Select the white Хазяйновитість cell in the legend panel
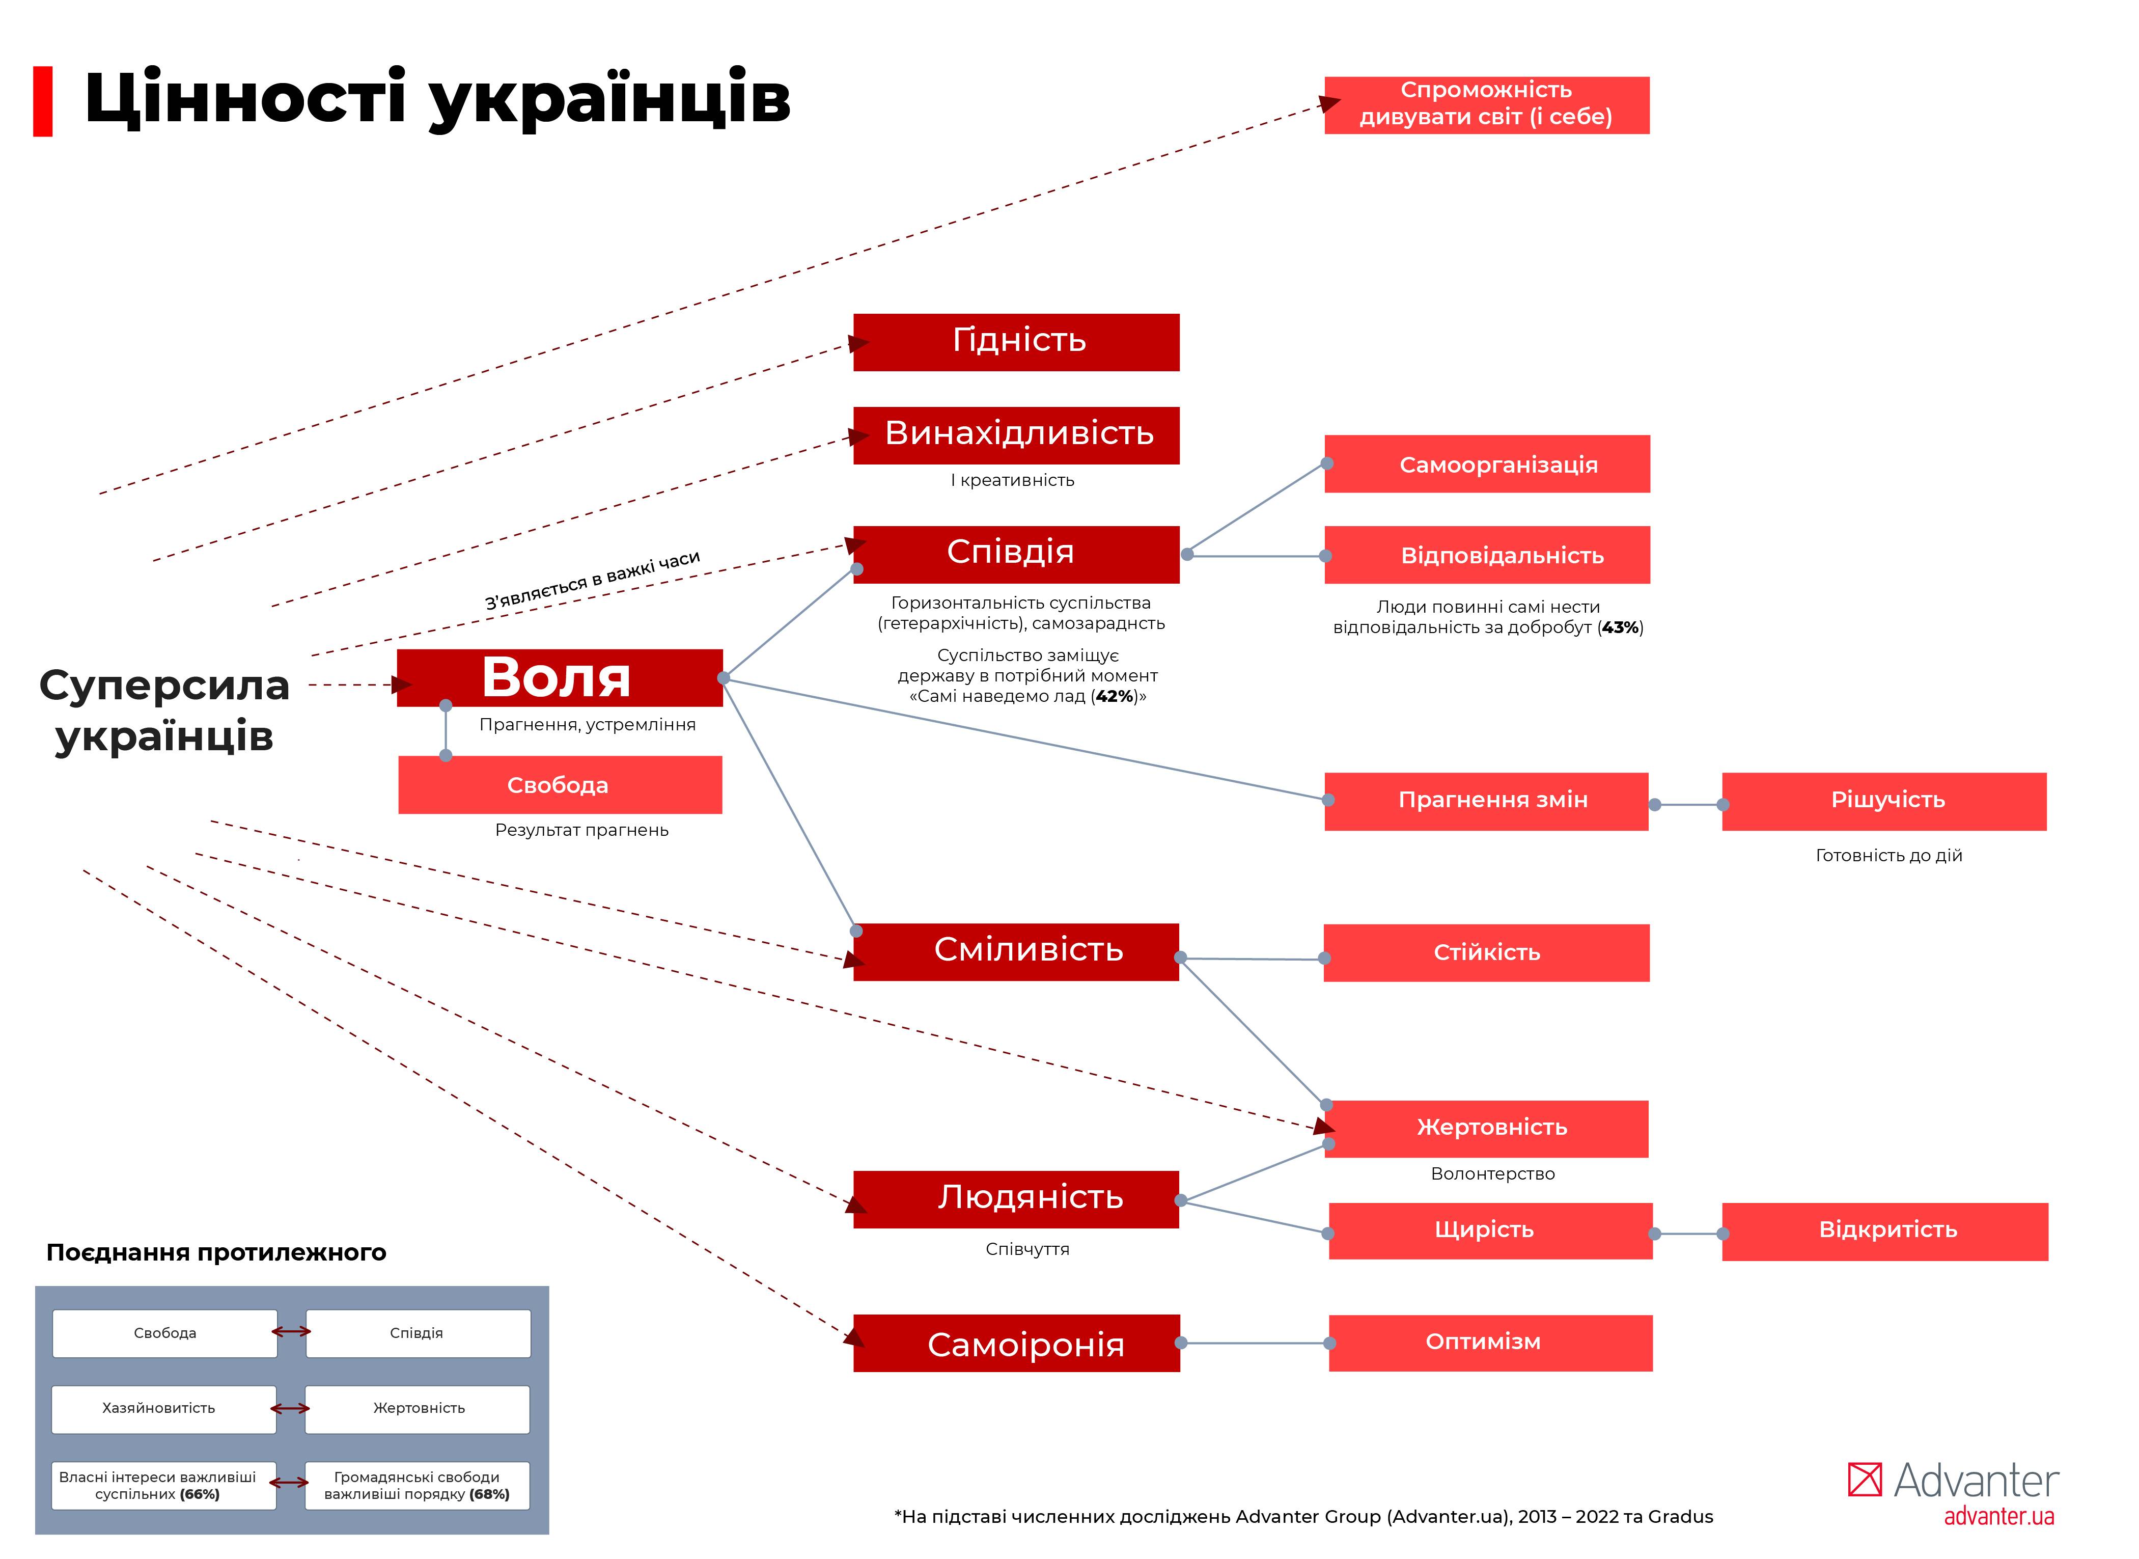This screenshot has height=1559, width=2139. coord(164,1408)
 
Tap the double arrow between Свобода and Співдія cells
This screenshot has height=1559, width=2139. coord(292,1331)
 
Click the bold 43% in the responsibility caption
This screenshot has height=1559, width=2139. coord(1620,627)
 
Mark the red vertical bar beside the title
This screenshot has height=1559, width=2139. coord(42,101)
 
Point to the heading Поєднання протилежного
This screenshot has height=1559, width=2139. coord(216,1252)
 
